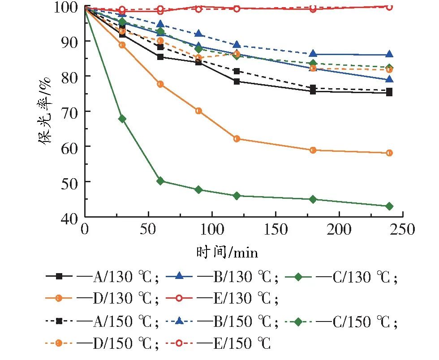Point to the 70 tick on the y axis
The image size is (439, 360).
(72, 111)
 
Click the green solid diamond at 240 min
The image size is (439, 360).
(389, 206)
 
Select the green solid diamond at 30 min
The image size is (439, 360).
(122, 119)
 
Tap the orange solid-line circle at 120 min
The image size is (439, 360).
(237, 139)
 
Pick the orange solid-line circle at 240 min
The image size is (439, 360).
(389, 153)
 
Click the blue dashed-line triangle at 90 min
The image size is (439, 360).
(199, 34)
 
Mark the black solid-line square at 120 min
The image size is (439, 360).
(237, 81)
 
